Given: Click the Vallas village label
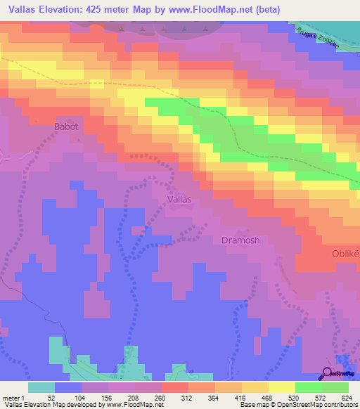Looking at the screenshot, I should point(179,200).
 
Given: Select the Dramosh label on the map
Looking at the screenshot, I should point(240,240).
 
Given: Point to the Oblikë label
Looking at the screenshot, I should point(345,252).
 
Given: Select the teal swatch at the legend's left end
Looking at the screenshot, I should point(41,387).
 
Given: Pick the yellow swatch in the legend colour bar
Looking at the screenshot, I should point(281,387).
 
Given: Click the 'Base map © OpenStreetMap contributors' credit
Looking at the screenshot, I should point(295,405).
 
